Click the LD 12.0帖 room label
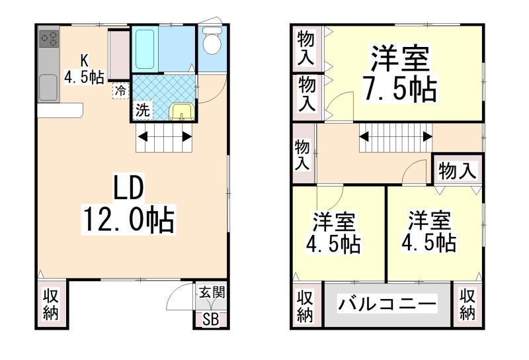pyautogui.click(x=128, y=206)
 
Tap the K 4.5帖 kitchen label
pyautogui.click(x=84, y=68)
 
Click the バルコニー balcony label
pyautogui.click(x=387, y=305)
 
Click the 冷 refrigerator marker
pyautogui.click(x=120, y=91)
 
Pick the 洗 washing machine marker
pyautogui.click(x=142, y=111)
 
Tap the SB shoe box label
pyautogui.click(x=210, y=320)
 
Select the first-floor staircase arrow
pyautogui.click(x=165, y=138)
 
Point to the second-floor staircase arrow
pyautogui.click(x=395, y=138)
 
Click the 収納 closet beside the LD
pyautogui.click(x=51, y=304)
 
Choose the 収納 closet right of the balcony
pyautogui.click(x=468, y=305)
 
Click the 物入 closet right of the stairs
pyautogui.click(x=458, y=171)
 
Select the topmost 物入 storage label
pyautogui.click(x=305, y=46)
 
